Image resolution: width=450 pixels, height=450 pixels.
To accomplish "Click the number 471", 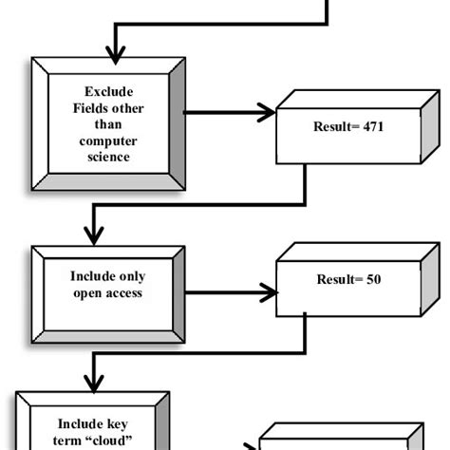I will pyautogui.click(x=370, y=125).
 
